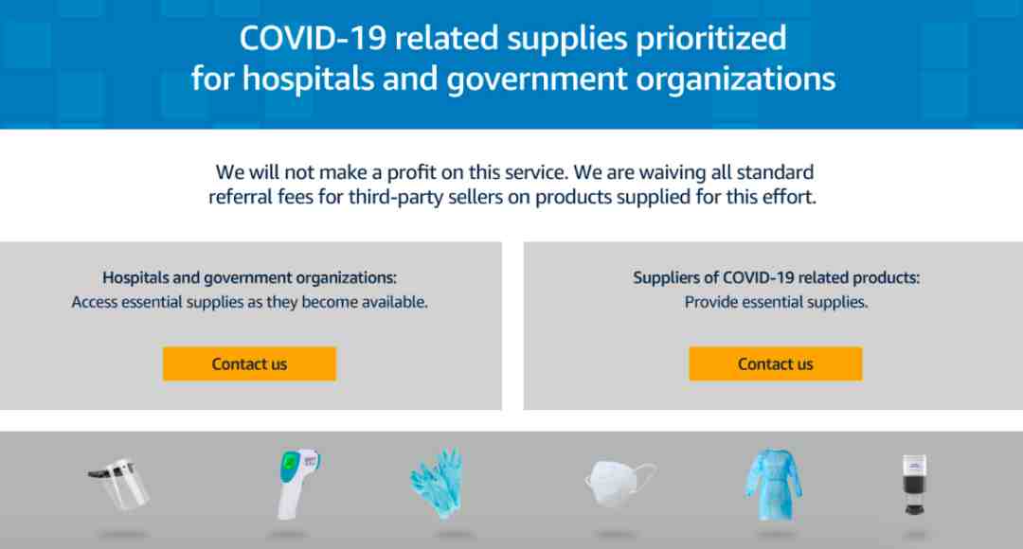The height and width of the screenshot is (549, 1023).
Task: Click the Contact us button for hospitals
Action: (x=249, y=363)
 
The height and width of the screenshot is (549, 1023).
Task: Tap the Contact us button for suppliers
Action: (x=775, y=363)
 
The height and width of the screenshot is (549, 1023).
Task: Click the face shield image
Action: (x=119, y=484)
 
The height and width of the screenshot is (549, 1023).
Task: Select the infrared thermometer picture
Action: (x=296, y=483)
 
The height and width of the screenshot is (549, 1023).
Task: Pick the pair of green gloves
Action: (x=437, y=483)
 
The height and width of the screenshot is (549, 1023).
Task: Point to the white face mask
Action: (x=619, y=483)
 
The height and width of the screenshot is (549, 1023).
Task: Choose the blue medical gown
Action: (x=774, y=484)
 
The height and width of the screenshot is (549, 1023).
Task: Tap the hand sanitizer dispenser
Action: (x=915, y=485)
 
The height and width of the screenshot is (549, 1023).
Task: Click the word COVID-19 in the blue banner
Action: (x=313, y=39)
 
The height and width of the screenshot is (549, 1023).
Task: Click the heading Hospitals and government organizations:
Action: (x=249, y=277)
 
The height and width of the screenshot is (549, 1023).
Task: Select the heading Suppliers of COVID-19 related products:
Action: (x=777, y=277)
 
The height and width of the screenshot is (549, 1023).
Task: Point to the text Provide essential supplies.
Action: (x=776, y=302)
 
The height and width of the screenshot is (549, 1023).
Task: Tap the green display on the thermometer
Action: (x=288, y=464)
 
